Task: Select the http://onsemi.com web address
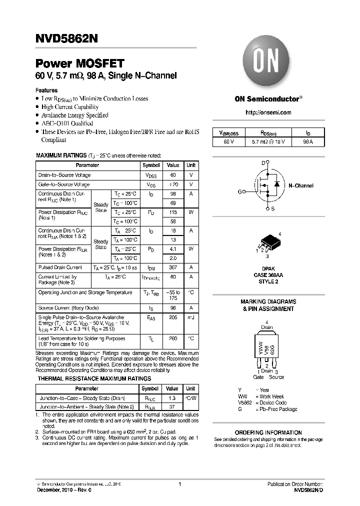268,112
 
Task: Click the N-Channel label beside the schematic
301,185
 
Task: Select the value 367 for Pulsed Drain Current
172,267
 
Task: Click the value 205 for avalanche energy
172,317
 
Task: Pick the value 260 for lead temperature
172,338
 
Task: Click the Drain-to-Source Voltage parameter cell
64,175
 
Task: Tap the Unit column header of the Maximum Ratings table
191,165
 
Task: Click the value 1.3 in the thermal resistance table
172,398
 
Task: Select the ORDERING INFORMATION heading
268,432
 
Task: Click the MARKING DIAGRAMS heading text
268,301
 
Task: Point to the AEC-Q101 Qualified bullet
67,123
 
